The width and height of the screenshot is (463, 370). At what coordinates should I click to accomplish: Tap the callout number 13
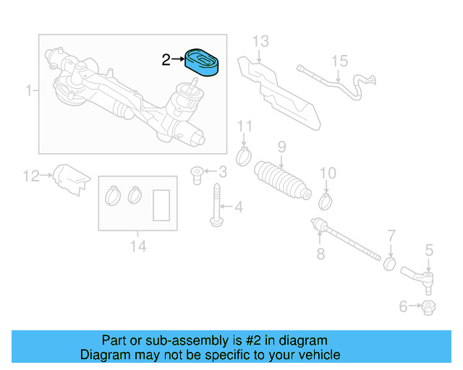point(260,40)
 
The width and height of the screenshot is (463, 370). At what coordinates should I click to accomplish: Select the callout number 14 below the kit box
point(137,246)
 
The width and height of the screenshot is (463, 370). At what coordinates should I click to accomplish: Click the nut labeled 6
point(428,307)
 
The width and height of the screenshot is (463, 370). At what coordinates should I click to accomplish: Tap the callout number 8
point(320,254)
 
